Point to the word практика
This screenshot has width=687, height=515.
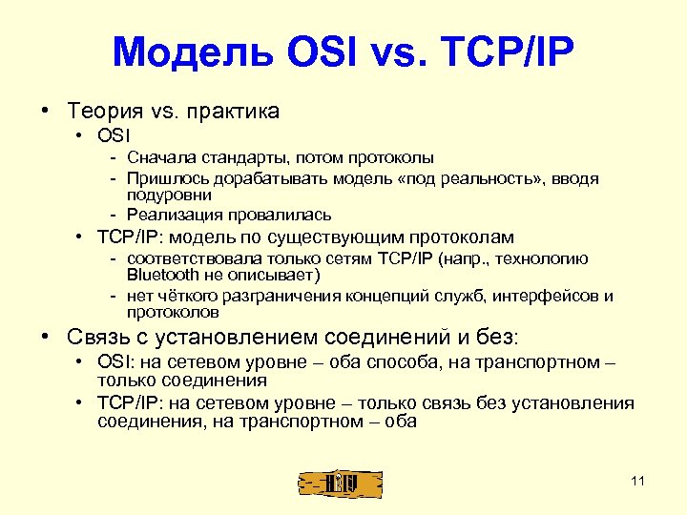233,112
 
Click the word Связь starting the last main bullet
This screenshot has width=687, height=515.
99,337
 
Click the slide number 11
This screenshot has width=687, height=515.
638,481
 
